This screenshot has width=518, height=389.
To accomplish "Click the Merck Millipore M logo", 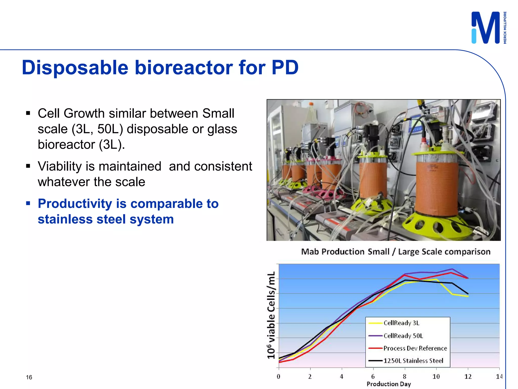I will (486, 28).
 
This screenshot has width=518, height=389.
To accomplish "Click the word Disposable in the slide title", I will (75, 68).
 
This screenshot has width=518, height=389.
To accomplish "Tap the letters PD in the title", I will (285, 68).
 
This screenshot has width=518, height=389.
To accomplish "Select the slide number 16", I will (29, 377).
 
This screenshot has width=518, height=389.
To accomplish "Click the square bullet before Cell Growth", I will (28, 113).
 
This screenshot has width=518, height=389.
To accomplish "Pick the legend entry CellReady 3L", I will (401, 323).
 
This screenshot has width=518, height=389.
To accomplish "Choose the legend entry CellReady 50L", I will (403, 336).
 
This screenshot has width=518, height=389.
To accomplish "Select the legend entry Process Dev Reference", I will (415, 348).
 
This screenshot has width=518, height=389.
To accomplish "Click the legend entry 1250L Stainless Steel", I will (413, 361).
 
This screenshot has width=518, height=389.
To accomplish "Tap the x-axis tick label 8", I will (404, 377).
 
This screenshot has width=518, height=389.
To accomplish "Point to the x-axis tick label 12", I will (468, 377).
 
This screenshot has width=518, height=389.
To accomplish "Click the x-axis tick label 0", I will (278, 377).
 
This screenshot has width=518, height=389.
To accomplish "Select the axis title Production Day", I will (388, 384).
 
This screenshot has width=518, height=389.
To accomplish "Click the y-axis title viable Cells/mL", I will (271, 315).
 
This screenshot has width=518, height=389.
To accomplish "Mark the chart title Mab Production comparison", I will (396, 252).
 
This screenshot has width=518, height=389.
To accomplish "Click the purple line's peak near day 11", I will (452, 269).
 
